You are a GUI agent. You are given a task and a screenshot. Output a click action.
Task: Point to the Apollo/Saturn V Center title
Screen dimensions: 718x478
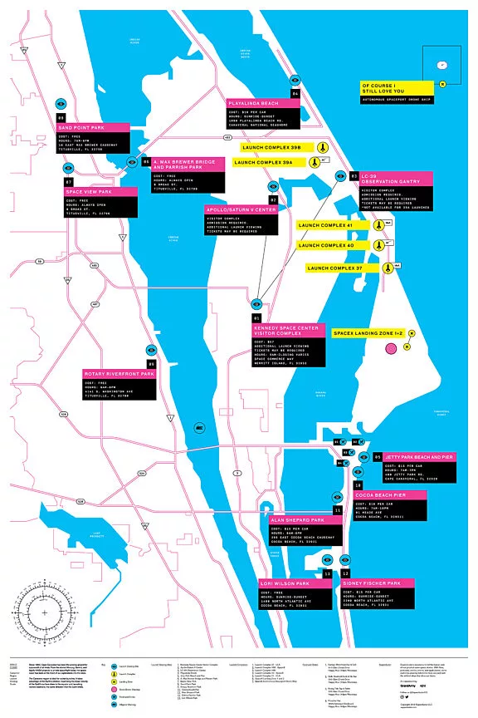[241, 210]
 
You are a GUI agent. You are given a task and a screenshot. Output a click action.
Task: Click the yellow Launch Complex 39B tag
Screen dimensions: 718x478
[271, 147]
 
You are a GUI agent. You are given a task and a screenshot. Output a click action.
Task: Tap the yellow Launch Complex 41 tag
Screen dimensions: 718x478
[326, 225]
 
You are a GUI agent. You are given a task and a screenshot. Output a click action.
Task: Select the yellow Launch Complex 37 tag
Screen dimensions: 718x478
[334, 268]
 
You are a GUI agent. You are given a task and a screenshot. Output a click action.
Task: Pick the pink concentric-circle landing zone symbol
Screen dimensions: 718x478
[392, 351]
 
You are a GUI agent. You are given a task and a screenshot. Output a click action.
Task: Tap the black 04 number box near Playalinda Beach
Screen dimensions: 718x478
[295, 94]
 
